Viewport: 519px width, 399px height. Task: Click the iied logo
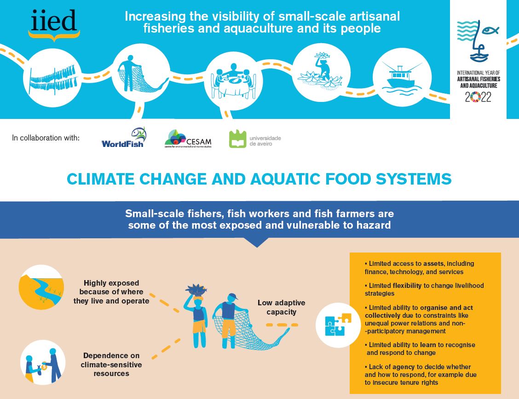pos(54,24)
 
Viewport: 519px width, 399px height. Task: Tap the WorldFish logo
pos(123,138)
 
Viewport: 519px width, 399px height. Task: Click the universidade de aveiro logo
pos(254,139)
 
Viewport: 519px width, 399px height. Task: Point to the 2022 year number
pos(478,97)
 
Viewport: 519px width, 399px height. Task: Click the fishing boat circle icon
pos(402,77)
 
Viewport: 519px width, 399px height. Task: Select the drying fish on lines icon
pos(49,78)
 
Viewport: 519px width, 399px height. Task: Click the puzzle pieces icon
pos(338,325)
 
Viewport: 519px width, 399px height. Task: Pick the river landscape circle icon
pos(41,287)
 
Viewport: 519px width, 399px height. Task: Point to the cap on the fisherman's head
pos(232,297)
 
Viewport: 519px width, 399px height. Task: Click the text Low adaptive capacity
pos(281,307)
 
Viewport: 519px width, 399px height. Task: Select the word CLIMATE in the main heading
pos(99,179)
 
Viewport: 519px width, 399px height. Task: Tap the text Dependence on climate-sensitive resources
pos(111,365)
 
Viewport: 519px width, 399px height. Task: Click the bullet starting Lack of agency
pos(420,374)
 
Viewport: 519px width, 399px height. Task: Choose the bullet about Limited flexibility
pos(424,289)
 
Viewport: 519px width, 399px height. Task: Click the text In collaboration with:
pos(46,137)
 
